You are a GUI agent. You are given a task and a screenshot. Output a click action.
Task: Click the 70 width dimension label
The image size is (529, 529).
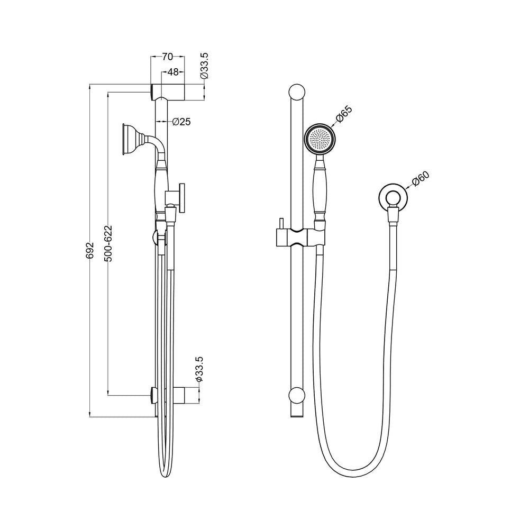[x=167, y=57]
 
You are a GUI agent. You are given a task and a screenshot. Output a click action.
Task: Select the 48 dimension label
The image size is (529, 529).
[x=173, y=72]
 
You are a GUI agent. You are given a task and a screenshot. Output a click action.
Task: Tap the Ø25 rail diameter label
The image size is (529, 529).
[x=181, y=122]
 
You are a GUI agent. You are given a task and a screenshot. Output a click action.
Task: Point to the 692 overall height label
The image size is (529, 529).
[x=90, y=250]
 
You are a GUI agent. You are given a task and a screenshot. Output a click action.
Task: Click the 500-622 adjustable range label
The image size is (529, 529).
[x=108, y=243]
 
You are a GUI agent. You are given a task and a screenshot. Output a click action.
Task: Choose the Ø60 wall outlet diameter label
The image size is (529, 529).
[x=421, y=179]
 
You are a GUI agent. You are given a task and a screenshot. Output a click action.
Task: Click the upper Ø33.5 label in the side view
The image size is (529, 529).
[x=204, y=66]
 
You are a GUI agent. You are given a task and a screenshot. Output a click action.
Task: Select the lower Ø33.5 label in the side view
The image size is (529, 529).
[x=199, y=369]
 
